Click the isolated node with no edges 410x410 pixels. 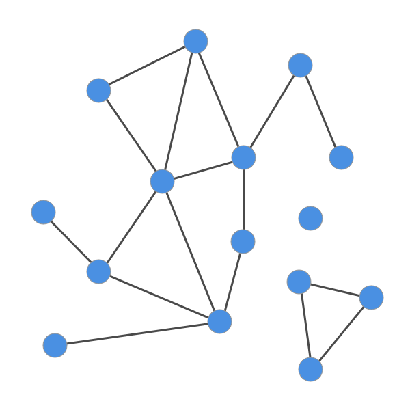310,218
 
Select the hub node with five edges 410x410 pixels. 162,181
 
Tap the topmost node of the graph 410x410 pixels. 195,41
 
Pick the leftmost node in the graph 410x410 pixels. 43,212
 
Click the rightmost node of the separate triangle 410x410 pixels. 371,297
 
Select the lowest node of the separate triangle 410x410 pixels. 310,369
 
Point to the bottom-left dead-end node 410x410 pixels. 55,345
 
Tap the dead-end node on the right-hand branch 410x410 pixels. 341,157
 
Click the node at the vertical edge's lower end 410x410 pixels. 243,241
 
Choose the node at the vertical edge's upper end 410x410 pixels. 243,157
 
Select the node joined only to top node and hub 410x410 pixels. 98,90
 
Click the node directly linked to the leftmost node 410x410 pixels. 98,271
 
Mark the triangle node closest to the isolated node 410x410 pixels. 299,281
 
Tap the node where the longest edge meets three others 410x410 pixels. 219,321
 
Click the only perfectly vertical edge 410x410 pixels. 243,199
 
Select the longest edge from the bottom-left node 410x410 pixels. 137,333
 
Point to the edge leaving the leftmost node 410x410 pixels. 70,241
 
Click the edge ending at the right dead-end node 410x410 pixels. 320,111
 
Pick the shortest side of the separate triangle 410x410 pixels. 335,289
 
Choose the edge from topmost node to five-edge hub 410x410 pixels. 179,111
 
